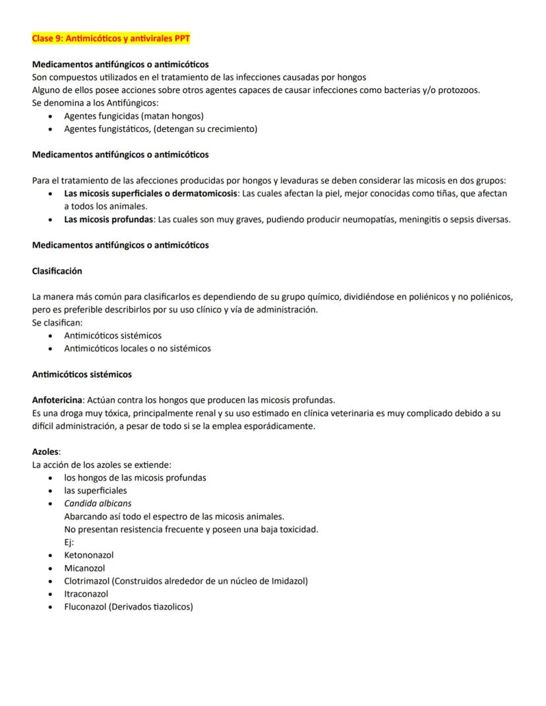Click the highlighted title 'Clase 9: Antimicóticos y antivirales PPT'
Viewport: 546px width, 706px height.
111,39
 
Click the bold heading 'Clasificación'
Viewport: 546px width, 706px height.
57,271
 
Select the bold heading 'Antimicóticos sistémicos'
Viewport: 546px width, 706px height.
82,374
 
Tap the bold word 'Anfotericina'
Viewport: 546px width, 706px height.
57,400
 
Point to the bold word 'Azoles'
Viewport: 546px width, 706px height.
45,452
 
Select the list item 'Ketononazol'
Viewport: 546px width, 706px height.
89,555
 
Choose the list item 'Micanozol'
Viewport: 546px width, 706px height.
84,568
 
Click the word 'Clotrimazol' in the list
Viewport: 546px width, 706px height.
86,581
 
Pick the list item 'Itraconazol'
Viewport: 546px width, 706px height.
86,594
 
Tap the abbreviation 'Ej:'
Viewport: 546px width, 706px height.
69,543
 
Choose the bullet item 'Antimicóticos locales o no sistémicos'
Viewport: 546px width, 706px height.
137,349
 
